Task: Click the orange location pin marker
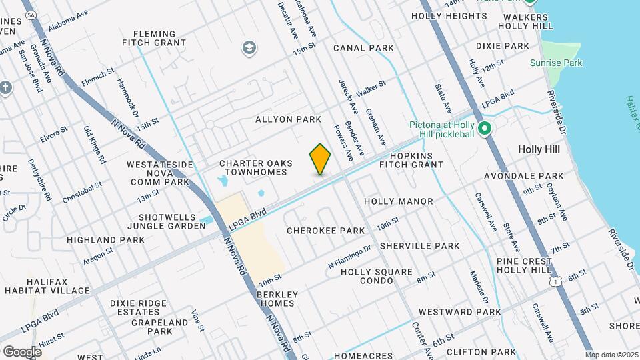pos(320,159)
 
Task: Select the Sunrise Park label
pos(556,63)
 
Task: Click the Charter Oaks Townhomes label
pos(253,167)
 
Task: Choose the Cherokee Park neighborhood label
pos(326,231)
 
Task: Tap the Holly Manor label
pos(399,201)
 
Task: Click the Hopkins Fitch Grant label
pos(416,159)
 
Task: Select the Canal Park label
pos(363,48)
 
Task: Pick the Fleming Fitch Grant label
pos(154,38)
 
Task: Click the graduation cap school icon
pos(249,47)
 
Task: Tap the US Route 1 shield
pos(555,282)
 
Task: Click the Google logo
pos(22,351)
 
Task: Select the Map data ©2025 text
pos(611,355)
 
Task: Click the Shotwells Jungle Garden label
pos(172,221)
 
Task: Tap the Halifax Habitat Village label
pos(47,285)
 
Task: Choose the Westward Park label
pos(459,311)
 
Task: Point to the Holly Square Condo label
pos(377,276)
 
